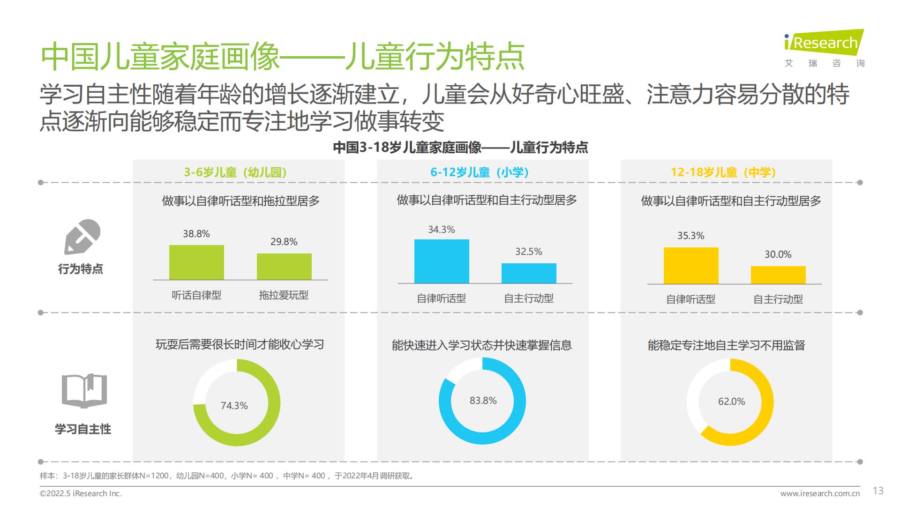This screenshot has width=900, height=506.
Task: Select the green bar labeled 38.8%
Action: pyautogui.click(x=196, y=262)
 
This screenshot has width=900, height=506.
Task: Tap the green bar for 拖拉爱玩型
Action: pyautogui.click(x=284, y=267)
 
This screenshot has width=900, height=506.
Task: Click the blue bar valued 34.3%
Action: pyautogui.click(x=442, y=261)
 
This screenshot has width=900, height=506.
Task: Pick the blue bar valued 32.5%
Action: pyautogui.click(x=529, y=273)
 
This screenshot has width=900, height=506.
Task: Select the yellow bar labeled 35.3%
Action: pyautogui.click(x=691, y=265)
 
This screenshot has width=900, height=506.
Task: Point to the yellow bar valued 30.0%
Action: pyautogui.click(x=778, y=275)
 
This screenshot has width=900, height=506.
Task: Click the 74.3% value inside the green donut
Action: pyautogui.click(x=234, y=406)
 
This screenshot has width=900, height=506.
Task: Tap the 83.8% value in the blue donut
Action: pyautogui.click(x=483, y=401)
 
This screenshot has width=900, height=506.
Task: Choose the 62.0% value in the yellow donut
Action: pyautogui.click(x=732, y=402)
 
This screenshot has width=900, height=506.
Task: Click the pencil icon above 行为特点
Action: pyautogui.click(x=82, y=237)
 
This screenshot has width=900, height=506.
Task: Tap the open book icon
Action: pyautogui.click(x=84, y=391)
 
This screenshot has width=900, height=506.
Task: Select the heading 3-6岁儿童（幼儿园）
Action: pyautogui.click(x=235, y=172)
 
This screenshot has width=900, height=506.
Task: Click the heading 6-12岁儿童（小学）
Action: pyautogui.click(x=480, y=172)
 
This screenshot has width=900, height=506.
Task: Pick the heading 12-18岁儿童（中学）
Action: pyautogui.click(x=723, y=172)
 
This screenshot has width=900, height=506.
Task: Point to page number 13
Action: pyautogui.click(x=878, y=491)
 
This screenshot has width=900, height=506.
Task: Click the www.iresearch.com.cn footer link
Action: pyautogui.click(x=820, y=493)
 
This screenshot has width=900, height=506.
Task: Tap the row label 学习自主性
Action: pyautogui.click(x=83, y=429)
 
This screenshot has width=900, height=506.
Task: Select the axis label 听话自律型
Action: pyautogui.click(x=196, y=295)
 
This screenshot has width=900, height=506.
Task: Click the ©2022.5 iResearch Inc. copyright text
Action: pyautogui.click(x=81, y=493)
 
